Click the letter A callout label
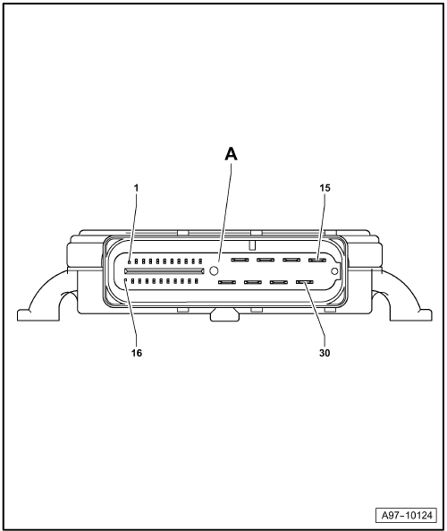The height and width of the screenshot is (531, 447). point(231,154)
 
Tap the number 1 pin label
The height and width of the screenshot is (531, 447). point(136,188)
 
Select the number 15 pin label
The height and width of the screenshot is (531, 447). point(325,188)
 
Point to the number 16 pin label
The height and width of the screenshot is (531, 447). point(137,353)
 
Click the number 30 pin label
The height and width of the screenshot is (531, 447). point(325,353)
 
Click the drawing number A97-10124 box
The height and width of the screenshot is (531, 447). point(407,516)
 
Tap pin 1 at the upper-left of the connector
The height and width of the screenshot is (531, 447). point(129,261)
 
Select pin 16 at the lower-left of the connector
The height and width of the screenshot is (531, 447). point(126,281)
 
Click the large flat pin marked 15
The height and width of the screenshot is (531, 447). point(316,260)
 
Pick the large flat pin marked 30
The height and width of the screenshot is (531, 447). point(305,282)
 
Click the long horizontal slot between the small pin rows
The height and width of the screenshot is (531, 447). point(164,271)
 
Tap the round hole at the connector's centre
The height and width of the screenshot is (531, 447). point(214,270)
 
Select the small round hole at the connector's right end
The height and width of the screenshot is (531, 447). point(334,271)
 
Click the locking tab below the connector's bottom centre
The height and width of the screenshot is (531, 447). point(224,315)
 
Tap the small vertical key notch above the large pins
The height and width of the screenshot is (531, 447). point(251,245)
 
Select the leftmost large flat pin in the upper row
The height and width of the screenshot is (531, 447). point(240,260)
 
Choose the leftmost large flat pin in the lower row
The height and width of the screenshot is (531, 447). point(227,282)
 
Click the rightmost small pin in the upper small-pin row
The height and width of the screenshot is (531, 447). point(200,261)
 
